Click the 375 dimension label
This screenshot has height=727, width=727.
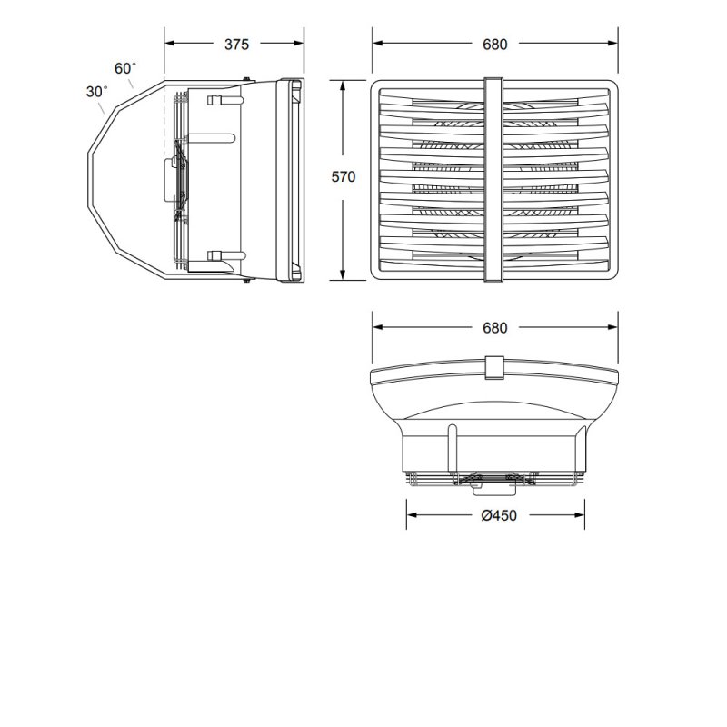[x=234, y=44]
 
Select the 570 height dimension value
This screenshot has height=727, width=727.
[x=344, y=177]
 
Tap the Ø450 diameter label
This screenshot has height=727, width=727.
[x=495, y=515]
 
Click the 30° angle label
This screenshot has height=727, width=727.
[x=97, y=92]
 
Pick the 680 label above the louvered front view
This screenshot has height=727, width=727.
[x=495, y=44]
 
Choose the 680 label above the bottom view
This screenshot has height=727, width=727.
[x=495, y=328]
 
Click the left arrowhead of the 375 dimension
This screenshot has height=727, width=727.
[x=169, y=43]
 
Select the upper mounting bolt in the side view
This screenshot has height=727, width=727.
[x=216, y=100]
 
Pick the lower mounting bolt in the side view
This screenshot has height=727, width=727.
[x=216, y=256]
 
